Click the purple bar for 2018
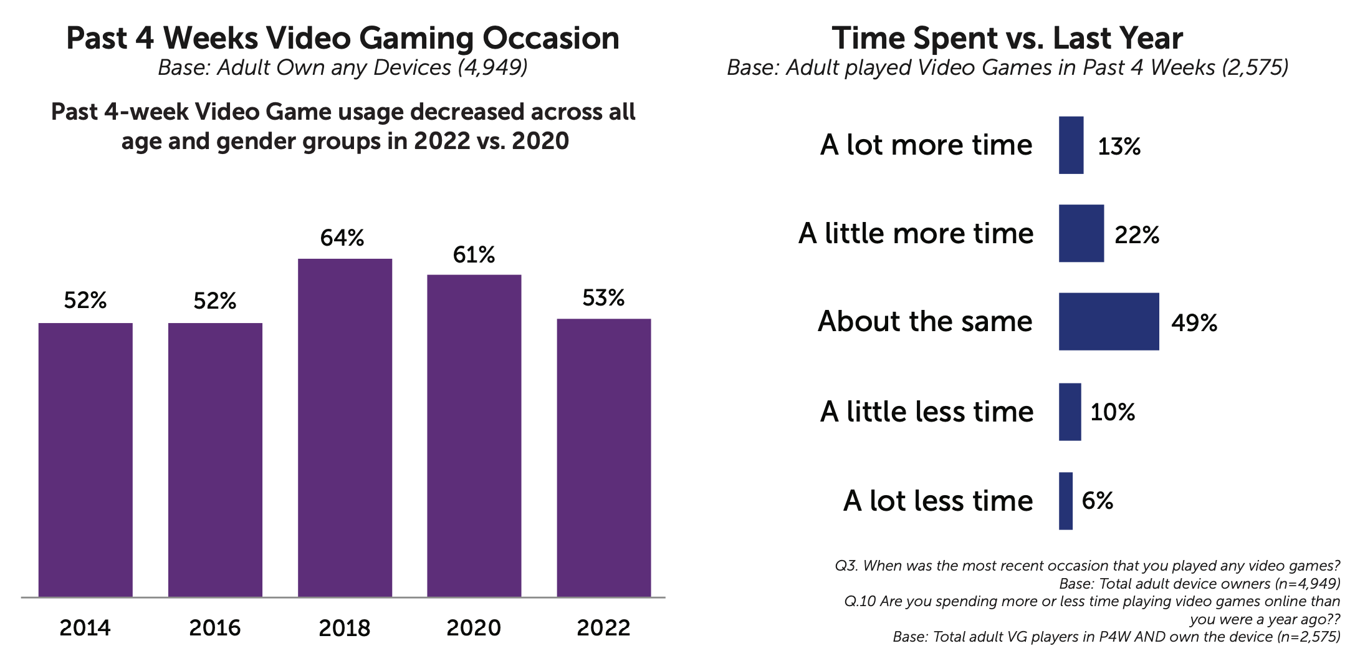tap(345, 428)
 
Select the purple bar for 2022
tap(604, 458)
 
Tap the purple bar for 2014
tap(85, 460)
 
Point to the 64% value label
tap(342, 238)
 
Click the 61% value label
tap(474, 254)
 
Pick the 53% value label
tap(603, 298)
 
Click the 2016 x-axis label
tap(215, 627)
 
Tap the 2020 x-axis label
tap(474, 627)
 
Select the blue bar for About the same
tap(1109, 321)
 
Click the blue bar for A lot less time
tap(1066, 501)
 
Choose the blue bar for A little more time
tap(1081, 233)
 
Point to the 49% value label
tap(1194, 322)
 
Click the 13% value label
tap(1119, 147)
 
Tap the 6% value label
tap(1098, 500)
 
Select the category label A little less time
tap(927, 412)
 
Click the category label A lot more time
tap(926, 145)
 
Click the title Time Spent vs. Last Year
tap(1007, 38)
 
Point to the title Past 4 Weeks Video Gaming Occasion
tap(343, 38)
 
